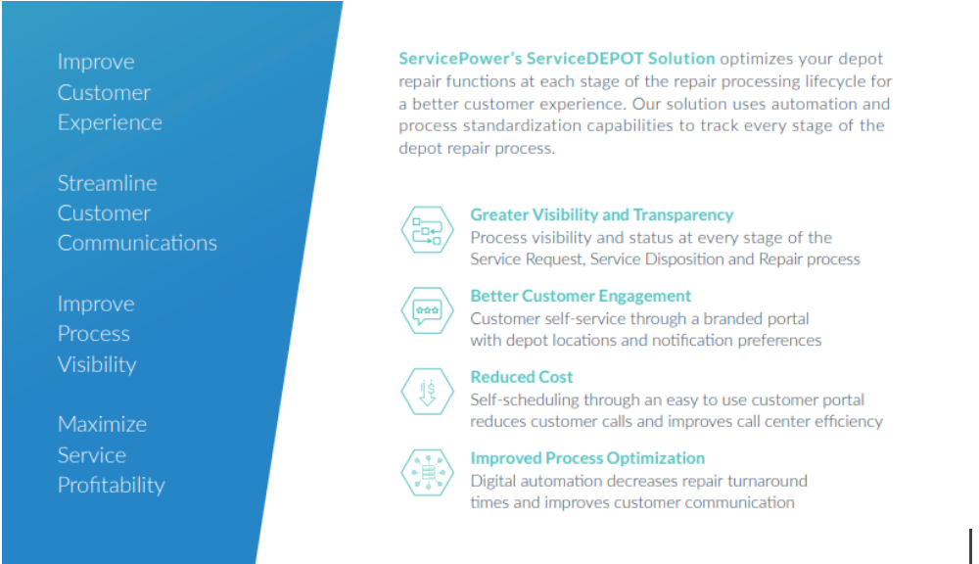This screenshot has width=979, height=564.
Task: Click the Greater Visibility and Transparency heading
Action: point(601,214)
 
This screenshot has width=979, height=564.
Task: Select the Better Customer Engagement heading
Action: point(581,296)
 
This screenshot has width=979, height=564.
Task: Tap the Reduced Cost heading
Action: point(522,377)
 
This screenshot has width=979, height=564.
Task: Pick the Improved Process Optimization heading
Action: point(587,458)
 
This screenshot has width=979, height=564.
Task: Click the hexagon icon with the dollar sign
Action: point(427,392)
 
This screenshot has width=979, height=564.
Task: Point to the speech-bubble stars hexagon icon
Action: point(427,310)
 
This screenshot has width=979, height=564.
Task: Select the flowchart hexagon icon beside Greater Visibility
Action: point(427,230)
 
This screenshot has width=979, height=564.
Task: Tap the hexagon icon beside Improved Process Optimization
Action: point(427,473)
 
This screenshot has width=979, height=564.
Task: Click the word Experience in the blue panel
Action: point(110,123)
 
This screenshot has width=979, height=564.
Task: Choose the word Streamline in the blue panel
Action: point(108,183)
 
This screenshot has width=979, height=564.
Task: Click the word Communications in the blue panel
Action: point(137,243)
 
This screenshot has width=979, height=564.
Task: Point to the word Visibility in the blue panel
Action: point(97,364)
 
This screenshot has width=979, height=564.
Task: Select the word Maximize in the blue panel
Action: point(103,424)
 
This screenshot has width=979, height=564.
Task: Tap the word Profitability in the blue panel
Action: point(112,486)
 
